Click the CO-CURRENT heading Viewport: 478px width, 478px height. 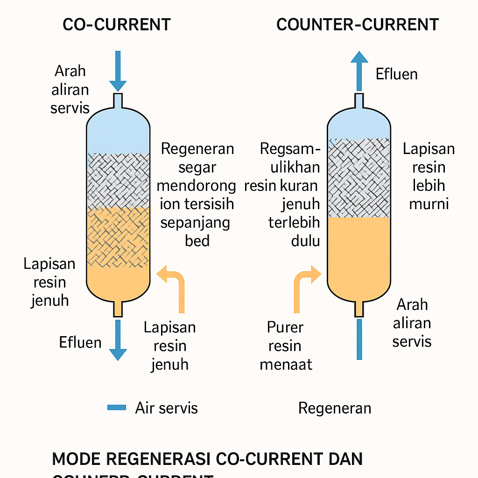point(116,25)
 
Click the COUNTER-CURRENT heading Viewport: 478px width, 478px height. point(357,25)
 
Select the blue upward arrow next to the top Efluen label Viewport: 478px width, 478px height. point(359,70)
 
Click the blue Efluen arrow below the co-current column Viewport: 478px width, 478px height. point(118,340)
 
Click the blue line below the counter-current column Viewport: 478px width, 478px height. point(359,339)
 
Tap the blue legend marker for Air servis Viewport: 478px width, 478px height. point(117,408)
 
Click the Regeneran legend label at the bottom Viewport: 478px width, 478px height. point(335,408)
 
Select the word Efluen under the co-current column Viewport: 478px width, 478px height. point(80,343)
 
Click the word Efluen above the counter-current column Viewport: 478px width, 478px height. point(397,74)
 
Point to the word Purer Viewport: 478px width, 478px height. point(285,327)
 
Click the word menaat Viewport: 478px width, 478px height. point(286,364)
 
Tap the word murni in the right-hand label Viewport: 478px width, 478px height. point(429,204)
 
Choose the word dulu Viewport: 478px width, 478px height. point(306,241)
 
